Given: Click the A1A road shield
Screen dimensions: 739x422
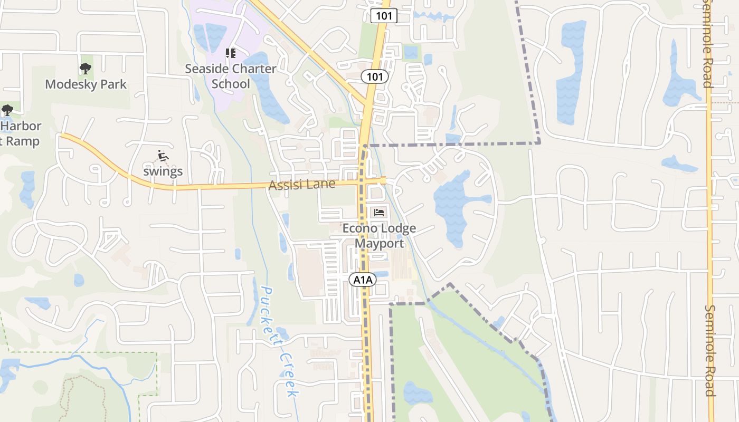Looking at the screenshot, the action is pos(363,280).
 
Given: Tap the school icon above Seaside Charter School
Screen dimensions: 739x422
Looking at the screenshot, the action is pos(230,53).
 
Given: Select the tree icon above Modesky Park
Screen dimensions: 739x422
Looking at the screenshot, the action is pos(85,68).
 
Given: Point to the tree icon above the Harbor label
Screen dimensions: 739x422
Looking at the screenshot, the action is pos(7,110).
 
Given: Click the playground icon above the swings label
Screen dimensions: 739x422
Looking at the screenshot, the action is pos(163,156).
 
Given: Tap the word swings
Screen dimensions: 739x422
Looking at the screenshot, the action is pos(163,171).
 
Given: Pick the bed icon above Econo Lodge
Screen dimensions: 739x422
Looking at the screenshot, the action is pos(379,213).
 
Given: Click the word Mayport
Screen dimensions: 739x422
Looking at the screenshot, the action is pos(379,243).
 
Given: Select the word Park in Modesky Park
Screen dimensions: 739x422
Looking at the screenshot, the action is pos(115,84).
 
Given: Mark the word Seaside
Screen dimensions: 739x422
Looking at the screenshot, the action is pos(206,69).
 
